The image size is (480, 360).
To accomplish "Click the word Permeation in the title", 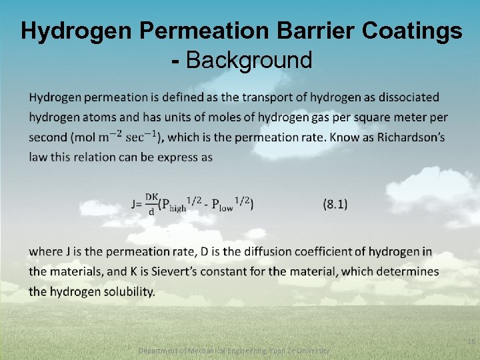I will click(x=190, y=31).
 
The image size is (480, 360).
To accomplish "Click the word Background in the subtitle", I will click(x=249, y=60).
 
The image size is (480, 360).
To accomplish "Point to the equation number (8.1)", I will click(x=335, y=204).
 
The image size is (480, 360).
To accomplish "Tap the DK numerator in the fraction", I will click(x=151, y=197).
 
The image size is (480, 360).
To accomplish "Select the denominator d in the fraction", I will click(x=151, y=212).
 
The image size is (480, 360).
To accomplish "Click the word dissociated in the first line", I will click(x=409, y=97).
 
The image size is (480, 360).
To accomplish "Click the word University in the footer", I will click(x=311, y=351).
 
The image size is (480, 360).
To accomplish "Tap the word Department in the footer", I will click(x=159, y=351).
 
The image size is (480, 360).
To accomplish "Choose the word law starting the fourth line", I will click(x=37, y=157).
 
